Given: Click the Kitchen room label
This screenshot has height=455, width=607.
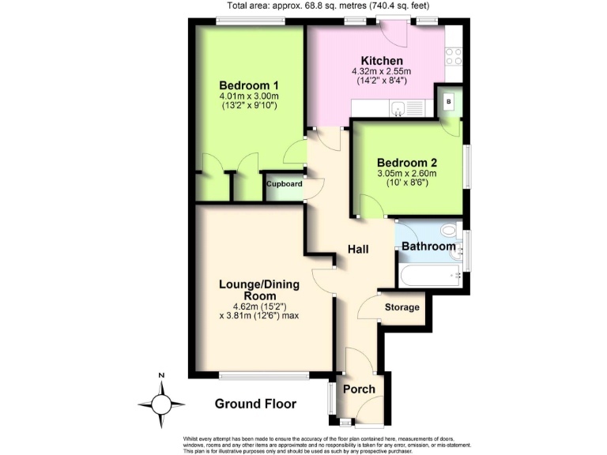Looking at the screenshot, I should [382, 61].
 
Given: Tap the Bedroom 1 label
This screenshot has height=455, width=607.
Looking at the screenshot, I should [249, 85].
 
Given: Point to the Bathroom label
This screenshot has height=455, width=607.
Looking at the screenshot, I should [428, 246].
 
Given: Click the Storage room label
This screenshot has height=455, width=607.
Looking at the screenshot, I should [402, 306].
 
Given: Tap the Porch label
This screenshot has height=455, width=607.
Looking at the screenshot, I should [358, 389].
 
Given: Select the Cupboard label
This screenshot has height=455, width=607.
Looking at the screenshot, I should [284, 184].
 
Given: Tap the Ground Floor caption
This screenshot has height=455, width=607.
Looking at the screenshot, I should [255, 404].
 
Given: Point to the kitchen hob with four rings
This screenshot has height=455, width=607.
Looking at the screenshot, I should [454, 55].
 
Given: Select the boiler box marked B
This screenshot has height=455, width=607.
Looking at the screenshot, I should [450, 101].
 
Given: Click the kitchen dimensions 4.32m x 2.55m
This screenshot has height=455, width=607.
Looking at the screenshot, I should [382, 72].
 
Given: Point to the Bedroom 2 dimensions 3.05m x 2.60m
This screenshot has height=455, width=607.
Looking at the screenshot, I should [407, 174].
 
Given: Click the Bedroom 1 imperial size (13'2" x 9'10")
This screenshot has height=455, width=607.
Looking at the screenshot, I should [249, 106].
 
